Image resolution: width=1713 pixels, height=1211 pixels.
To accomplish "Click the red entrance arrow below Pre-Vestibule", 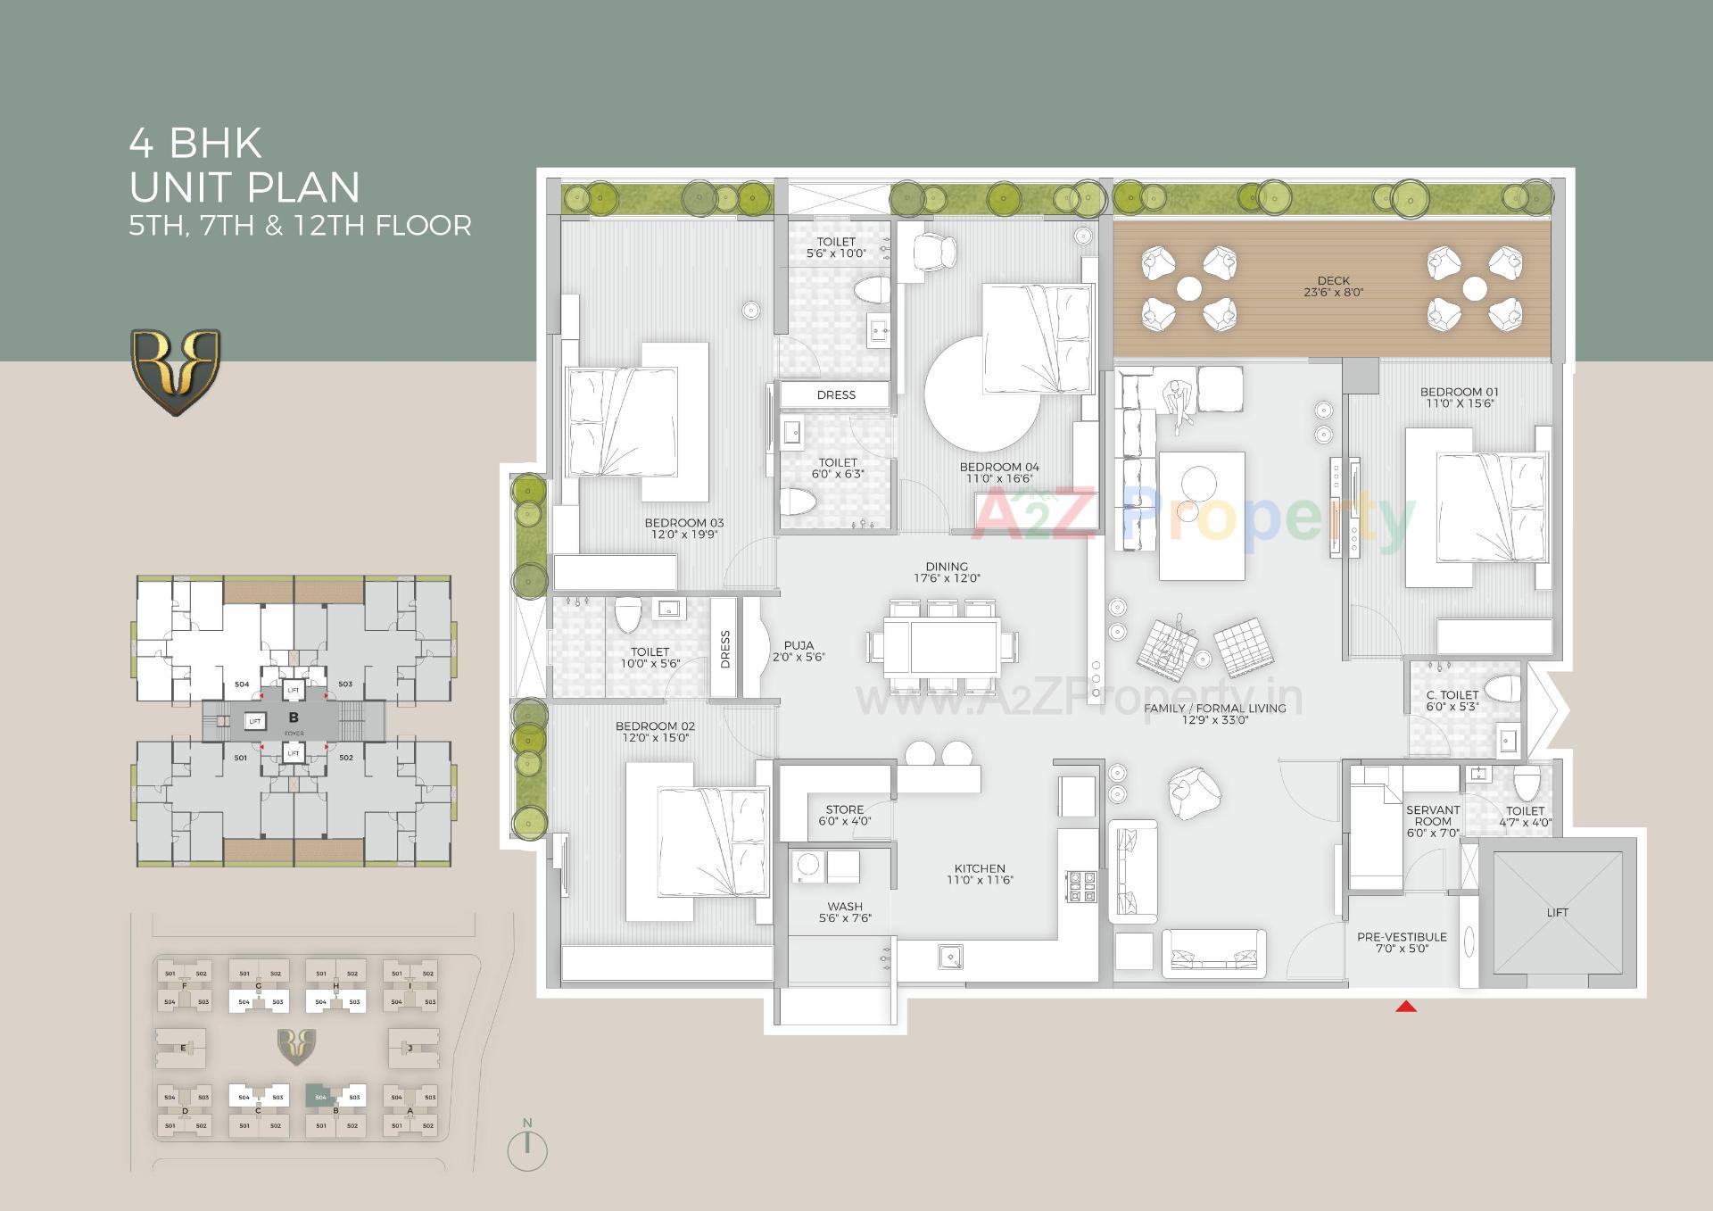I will click(x=1406, y=1007).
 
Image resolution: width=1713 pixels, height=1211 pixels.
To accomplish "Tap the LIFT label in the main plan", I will click(x=1557, y=912).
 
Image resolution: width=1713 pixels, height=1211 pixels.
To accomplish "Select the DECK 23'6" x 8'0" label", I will click(x=1333, y=286).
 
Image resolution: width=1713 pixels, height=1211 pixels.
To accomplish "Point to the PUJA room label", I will click(x=799, y=651).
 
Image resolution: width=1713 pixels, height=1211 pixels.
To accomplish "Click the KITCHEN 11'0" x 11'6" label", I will click(x=980, y=874).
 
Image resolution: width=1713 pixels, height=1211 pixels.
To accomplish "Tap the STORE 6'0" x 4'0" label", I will click(x=844, y=815).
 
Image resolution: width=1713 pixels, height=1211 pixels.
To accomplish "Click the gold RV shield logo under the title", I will click(x=176, y=372).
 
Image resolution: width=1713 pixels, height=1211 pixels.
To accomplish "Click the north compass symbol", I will click(x=527, y=1149).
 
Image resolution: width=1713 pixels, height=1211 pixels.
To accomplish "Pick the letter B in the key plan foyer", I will click(x=294, y=717).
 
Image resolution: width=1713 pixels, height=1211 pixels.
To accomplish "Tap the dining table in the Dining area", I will click(x=954, y=647).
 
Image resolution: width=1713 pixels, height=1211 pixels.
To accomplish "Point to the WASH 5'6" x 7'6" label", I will click(x=844, y=912).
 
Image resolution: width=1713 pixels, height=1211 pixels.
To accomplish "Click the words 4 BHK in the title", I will click(x=196, y=143).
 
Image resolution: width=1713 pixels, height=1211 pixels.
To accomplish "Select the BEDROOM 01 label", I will click(x=1459, y=397).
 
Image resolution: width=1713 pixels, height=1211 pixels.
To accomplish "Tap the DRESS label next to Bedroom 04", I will click(x=836, y=394).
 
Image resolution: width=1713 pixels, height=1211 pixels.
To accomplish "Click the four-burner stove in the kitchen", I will click(x=1081, y=885).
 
